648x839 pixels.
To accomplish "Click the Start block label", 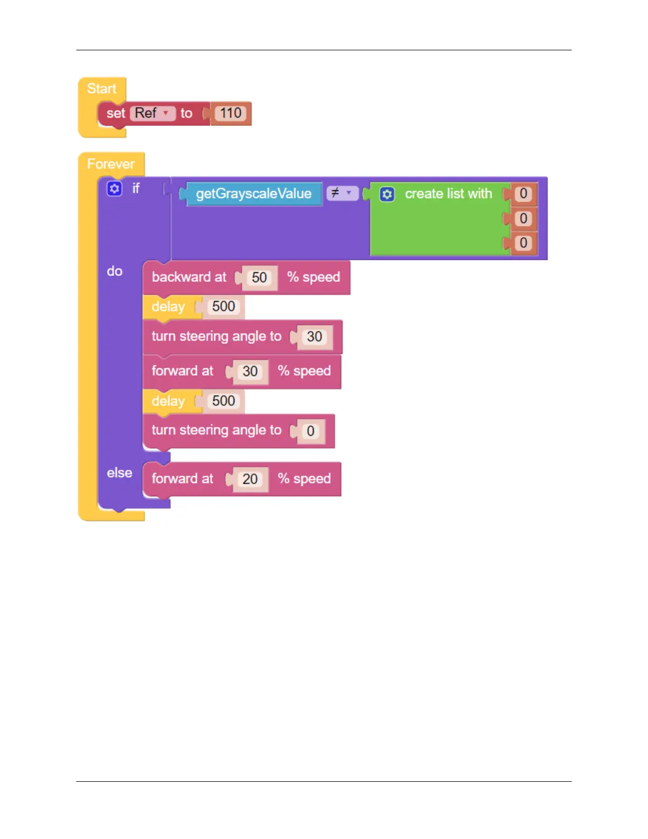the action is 102,88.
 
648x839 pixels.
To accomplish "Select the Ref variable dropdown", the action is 152,113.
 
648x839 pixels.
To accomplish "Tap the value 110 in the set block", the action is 231,113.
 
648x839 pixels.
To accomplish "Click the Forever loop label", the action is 111,164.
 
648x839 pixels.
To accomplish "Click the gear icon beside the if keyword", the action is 114,189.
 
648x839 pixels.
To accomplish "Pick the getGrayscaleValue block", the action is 254,194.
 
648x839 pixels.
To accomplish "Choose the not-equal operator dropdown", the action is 341,193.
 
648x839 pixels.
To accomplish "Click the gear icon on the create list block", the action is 387,194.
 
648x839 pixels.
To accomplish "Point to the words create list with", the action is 448,194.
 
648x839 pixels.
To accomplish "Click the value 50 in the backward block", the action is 259,278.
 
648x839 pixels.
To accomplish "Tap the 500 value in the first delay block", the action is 223,307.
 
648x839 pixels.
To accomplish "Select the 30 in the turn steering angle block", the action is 314,337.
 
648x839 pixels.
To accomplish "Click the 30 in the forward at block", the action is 250,371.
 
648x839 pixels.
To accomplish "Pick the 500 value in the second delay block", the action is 223,401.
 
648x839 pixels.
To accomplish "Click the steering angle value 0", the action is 311,431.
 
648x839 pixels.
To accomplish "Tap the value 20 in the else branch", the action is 250,479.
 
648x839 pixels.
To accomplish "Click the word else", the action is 120,473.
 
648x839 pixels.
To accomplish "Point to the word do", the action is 115,271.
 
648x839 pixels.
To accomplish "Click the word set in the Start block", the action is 115,113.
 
